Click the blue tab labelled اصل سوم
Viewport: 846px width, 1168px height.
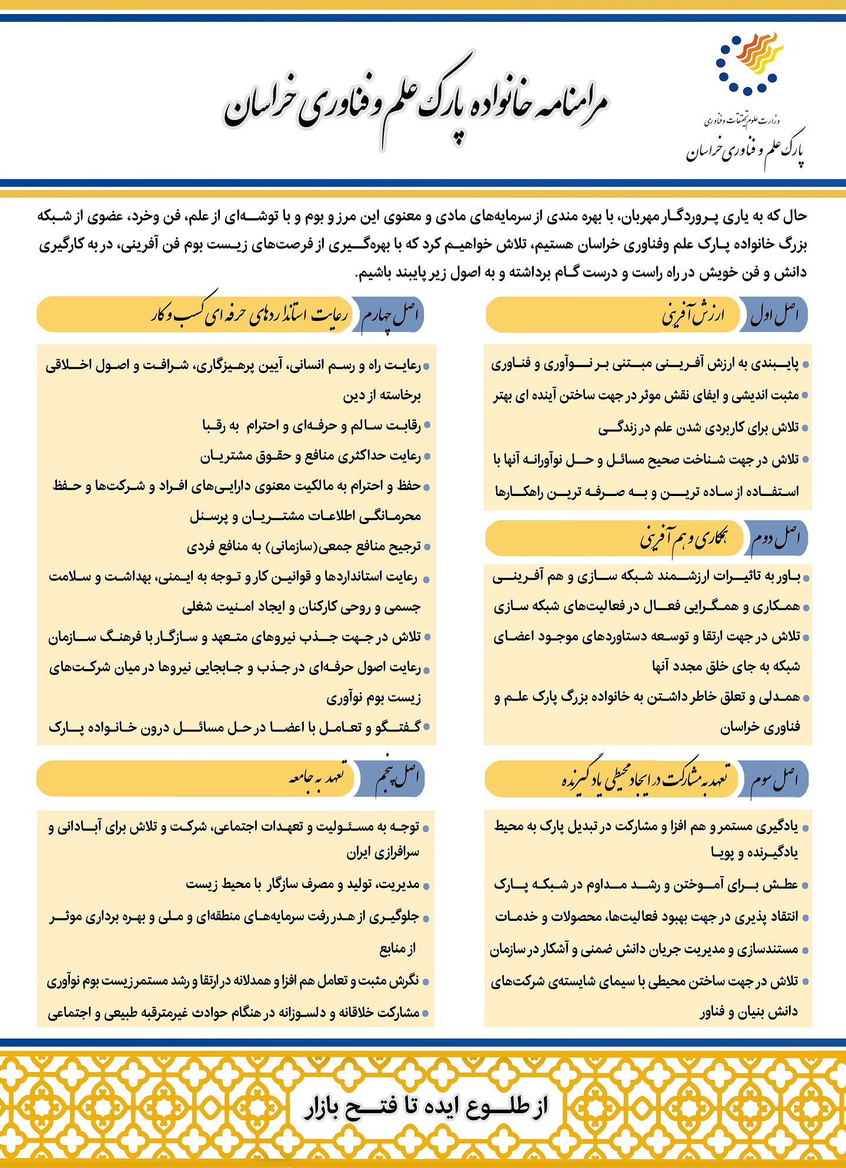coord(774,779)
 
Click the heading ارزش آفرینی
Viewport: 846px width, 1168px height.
coord(693,315)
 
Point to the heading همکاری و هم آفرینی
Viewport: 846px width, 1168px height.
coord(683,538)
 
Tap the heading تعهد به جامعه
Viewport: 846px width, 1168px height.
coord(317,778)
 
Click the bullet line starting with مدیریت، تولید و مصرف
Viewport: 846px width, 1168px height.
coord(302,884)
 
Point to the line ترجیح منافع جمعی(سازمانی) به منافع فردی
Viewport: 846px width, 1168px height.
coord(303,547)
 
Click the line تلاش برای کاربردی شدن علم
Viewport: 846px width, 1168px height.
coord(698,428)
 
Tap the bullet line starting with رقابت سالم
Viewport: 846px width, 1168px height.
coord(312,425)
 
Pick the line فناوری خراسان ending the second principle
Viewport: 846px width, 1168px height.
coord(760,728)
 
